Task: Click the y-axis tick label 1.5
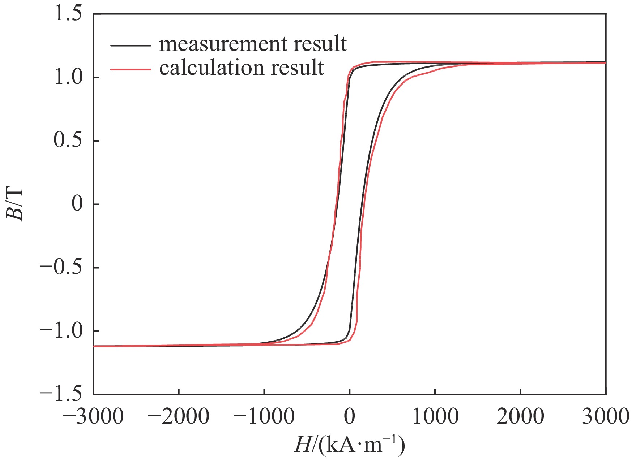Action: coord(68,15)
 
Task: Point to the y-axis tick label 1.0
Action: coord(68,77)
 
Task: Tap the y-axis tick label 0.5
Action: coord(68,140)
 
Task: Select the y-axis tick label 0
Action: coord(77,204)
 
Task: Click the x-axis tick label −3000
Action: coord(93,416)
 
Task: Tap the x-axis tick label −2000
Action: coord(179,416)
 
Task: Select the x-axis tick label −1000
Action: coord(264,416)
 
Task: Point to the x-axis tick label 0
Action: coord(350,416)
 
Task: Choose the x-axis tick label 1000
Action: coord(435,416)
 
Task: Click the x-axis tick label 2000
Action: coord(520,416)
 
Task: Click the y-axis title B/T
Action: coord(15,204)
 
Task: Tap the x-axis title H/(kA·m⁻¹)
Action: coord(349,445)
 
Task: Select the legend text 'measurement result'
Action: coord(253,44)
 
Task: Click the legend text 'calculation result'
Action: coord(242,68)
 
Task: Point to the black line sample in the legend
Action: coord(131,45)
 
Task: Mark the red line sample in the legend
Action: coord(131,69)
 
